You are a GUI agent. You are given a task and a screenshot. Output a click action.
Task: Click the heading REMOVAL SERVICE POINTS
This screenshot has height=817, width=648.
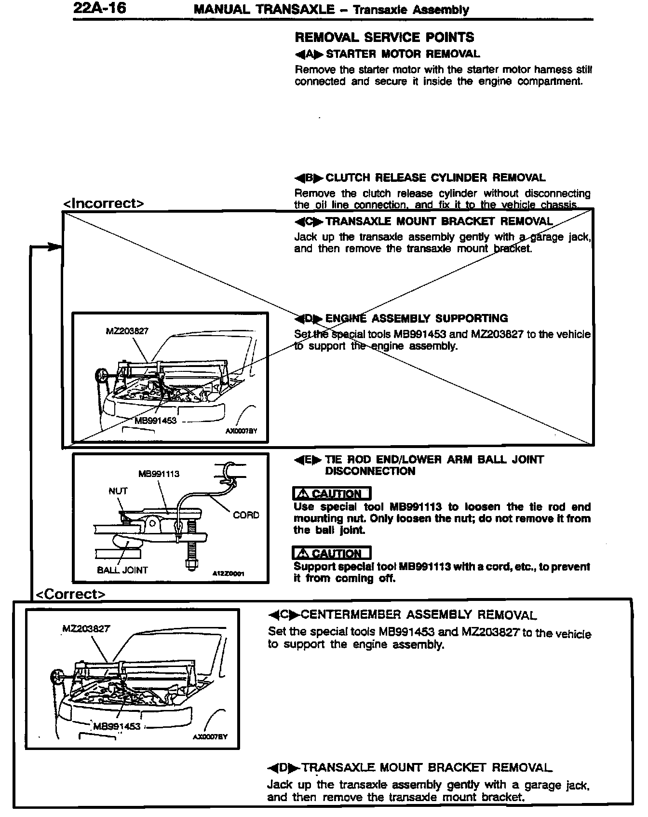384,38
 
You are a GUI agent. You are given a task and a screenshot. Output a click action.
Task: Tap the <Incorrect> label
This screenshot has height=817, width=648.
104,204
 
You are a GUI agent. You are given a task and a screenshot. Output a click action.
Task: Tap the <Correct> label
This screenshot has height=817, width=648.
70,594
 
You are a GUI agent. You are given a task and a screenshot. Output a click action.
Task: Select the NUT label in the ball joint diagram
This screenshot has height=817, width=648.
118,491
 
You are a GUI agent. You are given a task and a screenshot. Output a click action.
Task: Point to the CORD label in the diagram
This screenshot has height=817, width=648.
246,515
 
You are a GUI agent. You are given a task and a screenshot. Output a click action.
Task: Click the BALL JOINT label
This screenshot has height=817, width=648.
122,570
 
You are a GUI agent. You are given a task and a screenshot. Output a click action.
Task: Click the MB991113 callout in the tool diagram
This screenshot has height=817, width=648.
159,474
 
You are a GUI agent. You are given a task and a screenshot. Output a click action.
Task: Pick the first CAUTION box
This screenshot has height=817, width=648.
332,493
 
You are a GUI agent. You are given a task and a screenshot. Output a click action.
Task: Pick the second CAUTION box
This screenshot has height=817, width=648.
332,553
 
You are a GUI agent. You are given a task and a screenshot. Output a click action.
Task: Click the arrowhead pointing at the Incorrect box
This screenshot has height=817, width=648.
55,246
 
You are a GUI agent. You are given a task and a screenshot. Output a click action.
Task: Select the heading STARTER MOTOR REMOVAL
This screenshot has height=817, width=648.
403,54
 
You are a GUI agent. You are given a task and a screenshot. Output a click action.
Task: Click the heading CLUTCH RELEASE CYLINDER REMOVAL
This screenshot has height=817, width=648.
435,178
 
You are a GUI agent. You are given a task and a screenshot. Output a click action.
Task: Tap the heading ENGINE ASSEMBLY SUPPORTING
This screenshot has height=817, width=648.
416,318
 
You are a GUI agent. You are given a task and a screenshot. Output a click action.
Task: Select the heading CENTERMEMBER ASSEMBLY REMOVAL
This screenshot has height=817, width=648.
418,615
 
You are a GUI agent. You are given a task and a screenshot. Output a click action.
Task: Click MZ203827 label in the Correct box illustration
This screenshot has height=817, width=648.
86,629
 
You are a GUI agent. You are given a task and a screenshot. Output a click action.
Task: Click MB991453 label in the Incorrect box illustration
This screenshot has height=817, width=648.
155,421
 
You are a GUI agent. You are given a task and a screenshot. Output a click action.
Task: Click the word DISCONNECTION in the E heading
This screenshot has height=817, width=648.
370,471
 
